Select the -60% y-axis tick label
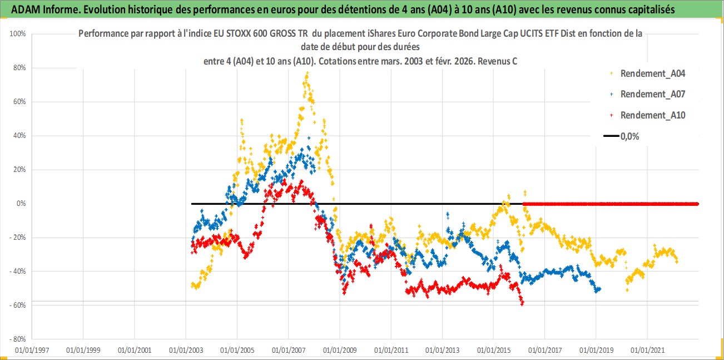click(19, 305)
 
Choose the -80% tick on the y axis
click(19, 339)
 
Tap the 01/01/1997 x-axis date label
click(32, 351)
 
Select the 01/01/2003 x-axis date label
click(186, 351)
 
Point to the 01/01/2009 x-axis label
click(339, 351)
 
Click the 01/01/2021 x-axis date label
click(647, 351)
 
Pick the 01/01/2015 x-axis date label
click(493, 351)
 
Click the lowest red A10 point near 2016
click(522, 304)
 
